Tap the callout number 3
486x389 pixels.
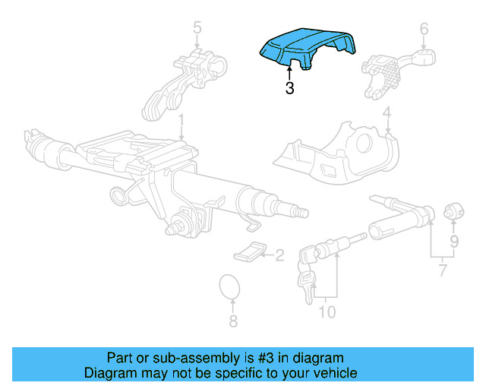pos(289,89)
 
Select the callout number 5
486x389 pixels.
pos(197,30)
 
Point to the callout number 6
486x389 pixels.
pos(424,30)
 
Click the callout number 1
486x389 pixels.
pos(181,121)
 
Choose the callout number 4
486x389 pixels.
pos(387,115)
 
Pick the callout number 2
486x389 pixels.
pos(279,255)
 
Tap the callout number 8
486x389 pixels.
pos(233,321)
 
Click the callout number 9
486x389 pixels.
pos(454,242)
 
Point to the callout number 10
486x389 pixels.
pos(327,312)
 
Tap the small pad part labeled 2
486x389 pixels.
pos(250,250)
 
